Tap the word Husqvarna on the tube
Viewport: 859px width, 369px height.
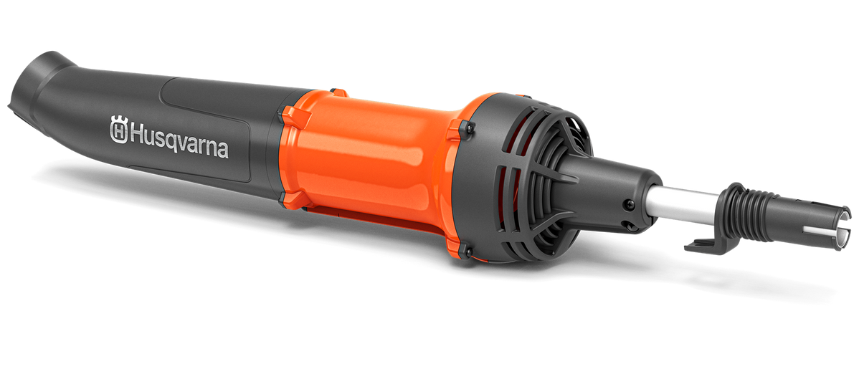pyautogui.click(x=178, y=143)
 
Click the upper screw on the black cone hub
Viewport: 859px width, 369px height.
pyautogui.click(x=630, y=204)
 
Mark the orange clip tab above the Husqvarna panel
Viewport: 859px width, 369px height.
pyautogui.click(x=287, y=114)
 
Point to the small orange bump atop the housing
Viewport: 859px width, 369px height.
pyautogui.click(x=339, y=92)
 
